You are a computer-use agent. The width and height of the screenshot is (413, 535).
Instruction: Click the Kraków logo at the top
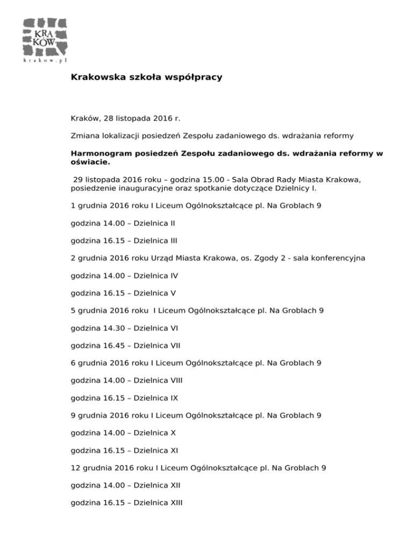coord(45,39)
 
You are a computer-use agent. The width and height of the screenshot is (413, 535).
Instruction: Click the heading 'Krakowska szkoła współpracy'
coord(146,78)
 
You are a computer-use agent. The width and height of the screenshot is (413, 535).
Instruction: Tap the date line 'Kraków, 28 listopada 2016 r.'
coord(125,117)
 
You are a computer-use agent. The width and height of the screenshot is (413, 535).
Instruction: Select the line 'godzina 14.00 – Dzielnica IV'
coord(124,276)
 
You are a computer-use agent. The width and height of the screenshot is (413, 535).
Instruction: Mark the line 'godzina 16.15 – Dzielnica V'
coord(123,293)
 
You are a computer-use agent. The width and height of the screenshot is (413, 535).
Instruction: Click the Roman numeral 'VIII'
coord(175,381)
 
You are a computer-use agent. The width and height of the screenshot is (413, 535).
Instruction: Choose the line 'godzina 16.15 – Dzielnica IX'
coord(124,398)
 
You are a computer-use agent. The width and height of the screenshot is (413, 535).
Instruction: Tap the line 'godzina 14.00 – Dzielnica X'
coord(123,433)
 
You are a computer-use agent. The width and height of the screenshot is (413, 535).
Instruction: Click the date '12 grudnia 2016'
coord(105,468)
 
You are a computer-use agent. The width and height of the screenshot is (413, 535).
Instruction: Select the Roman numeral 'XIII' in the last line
coord(175,503)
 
